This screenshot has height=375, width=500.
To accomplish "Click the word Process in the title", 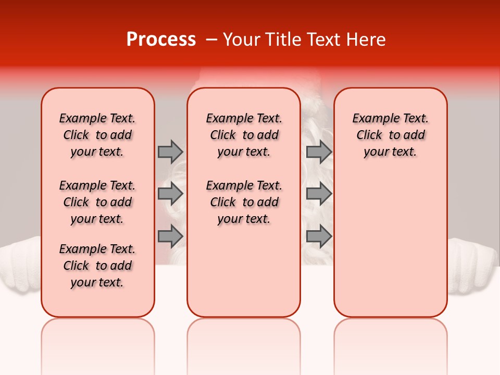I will point(161,40).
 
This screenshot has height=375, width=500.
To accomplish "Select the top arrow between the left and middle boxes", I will point(170,152).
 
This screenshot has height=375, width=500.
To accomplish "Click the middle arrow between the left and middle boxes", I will point(170,194).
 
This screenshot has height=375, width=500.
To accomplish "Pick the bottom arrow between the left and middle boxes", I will point(170,236).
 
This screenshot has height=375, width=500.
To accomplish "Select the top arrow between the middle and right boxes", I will point(319,152).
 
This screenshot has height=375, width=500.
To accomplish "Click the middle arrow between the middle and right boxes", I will point(319,194).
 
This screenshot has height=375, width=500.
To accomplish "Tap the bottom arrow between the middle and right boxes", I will point(319,236).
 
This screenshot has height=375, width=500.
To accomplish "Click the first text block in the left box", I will point(97,135).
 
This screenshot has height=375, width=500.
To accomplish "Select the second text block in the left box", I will point(97,202).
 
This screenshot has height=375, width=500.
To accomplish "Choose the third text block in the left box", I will point(97,266).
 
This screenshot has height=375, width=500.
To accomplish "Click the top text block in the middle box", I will point(244,135).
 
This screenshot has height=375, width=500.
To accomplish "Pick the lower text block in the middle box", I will point(244,202).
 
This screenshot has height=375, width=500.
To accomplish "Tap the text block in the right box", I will point(391,135).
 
